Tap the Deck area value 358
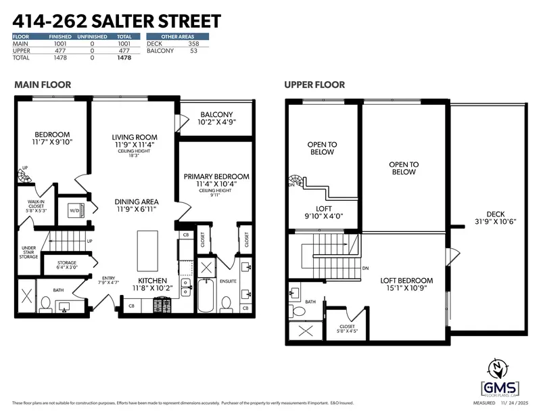(194, 44)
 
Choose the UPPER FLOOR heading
(314, 85)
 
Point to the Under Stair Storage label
(28, 252)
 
